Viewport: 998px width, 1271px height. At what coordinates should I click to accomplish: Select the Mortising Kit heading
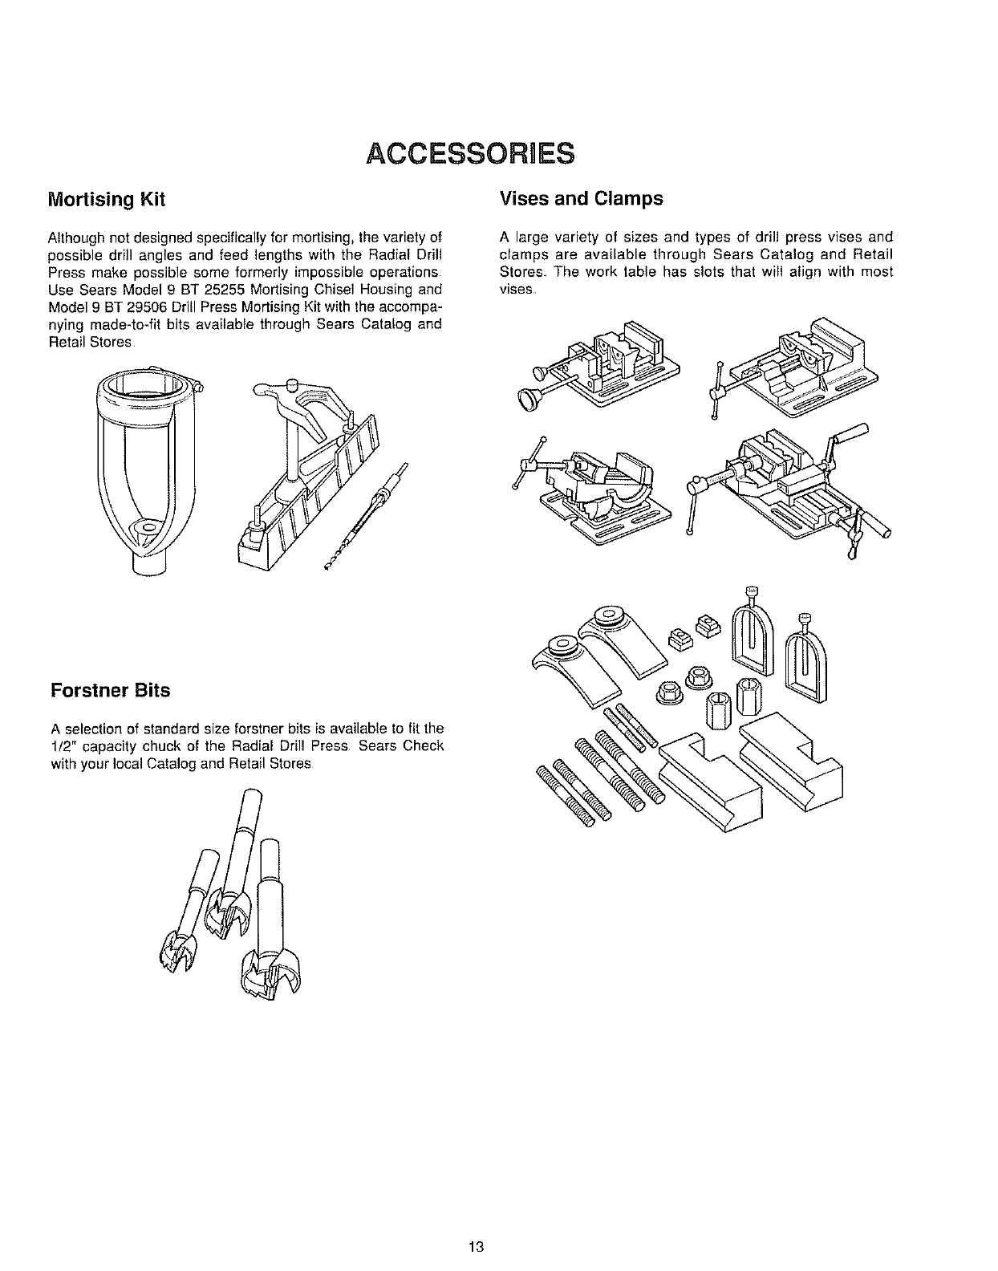click(107, 200)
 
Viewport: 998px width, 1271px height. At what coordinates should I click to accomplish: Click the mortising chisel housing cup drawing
click(144, 465)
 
